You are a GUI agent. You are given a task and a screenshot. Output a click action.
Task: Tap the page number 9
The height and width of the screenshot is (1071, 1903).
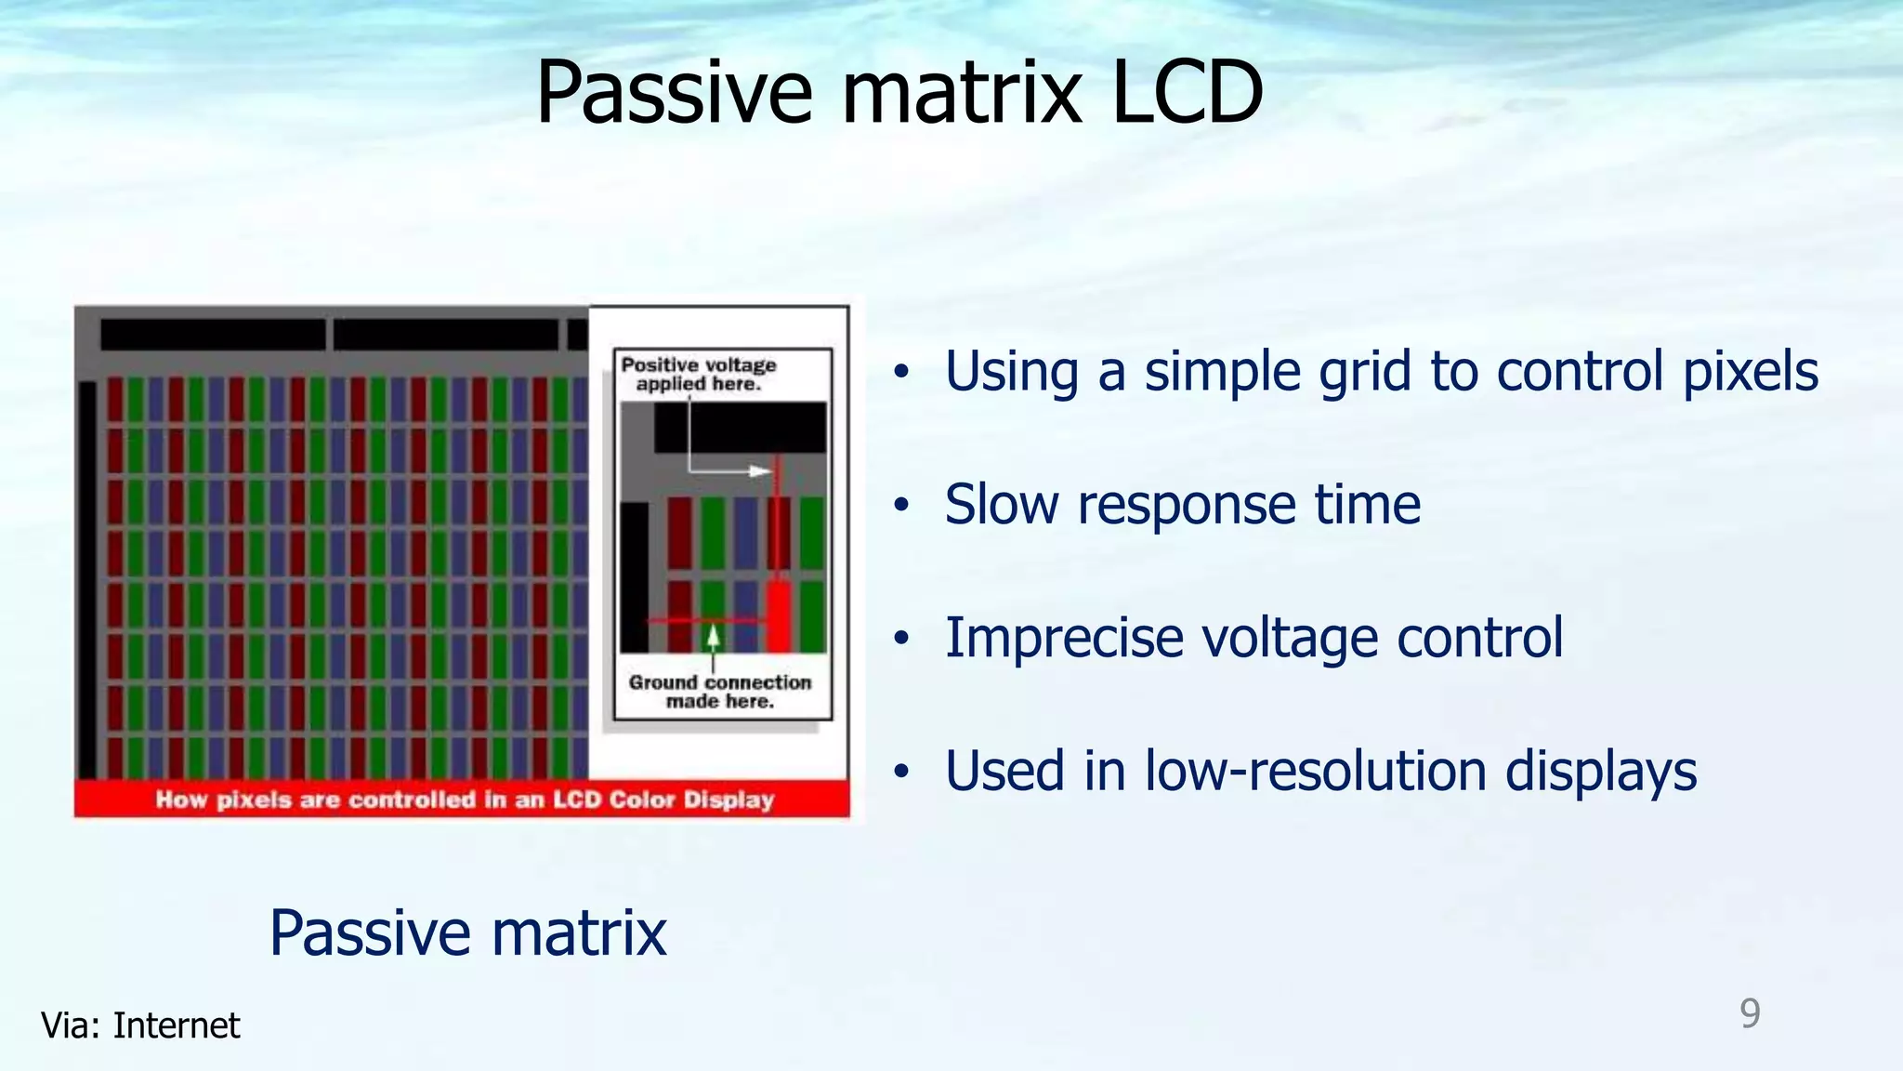point(1750,1012)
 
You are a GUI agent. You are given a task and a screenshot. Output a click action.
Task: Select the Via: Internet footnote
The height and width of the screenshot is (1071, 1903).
point(140,1025)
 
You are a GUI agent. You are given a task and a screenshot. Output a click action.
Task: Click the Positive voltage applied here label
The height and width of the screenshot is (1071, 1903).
point(699,374)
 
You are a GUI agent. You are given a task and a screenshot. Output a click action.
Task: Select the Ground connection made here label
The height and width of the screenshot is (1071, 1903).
point(719,691)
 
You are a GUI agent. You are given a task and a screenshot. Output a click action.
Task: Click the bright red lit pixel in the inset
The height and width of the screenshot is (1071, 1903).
point(779,615)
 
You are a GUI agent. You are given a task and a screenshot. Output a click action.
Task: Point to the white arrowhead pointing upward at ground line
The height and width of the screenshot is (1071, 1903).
point(713,636)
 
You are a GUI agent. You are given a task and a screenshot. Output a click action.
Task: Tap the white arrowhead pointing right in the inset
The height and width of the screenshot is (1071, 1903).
point(761,471)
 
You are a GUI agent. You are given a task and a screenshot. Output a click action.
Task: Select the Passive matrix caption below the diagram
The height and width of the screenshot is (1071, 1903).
point(467,932)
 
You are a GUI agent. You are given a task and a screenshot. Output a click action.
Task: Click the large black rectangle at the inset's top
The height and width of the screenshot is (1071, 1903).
point(740,427)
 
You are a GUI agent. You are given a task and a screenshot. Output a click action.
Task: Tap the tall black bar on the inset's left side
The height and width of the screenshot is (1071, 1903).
point(635,576)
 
